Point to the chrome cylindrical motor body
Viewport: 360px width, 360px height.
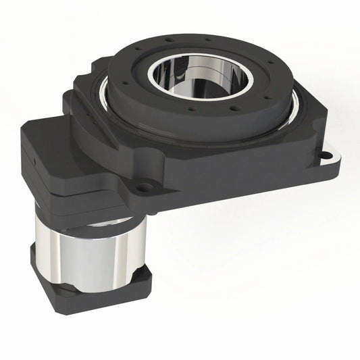88,253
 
